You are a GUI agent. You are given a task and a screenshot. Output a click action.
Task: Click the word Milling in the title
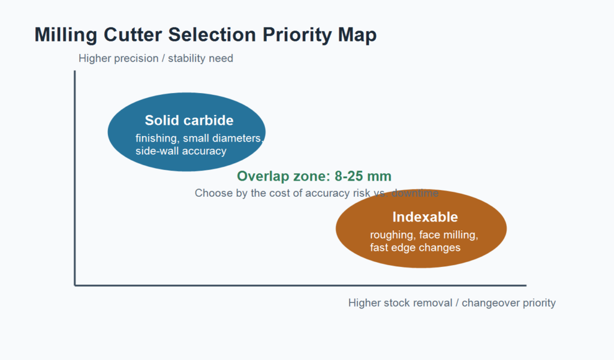coord(66,35)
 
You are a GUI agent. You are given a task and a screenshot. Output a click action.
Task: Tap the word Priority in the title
coord(297,35)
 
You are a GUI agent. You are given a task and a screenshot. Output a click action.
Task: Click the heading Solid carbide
coord(189,120)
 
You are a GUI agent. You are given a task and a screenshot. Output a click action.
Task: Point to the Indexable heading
coord(425,217)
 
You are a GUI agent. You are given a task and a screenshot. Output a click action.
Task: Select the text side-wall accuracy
coord(181,151)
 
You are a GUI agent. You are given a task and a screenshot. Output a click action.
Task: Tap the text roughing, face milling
coord(424,235)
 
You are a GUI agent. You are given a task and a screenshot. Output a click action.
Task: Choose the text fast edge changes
coord(415,248)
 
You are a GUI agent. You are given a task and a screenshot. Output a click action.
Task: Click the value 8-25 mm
coord(363,176)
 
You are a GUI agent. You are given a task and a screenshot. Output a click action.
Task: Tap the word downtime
coord(415,193)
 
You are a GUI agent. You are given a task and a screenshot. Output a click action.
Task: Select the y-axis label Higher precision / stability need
coord(156,58)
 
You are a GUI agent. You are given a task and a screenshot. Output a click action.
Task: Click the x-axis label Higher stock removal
coord(400,303)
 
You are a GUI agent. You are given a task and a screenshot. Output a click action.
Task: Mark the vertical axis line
coord(75,178)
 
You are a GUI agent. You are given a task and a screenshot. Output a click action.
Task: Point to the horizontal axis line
coord(300,286)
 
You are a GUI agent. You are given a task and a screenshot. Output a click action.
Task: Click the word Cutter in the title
coord(133,35)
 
